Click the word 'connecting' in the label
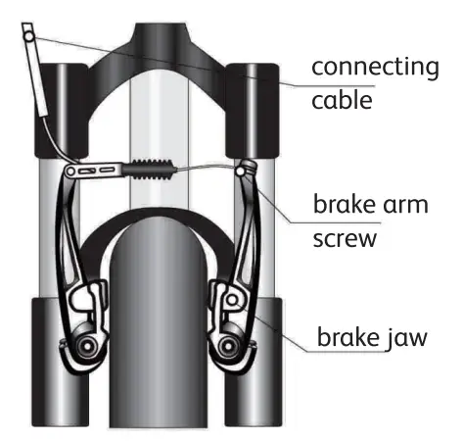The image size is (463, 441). (376, 68)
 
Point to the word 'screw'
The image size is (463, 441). (345, 239)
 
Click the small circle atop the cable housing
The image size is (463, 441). (28, 37)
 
